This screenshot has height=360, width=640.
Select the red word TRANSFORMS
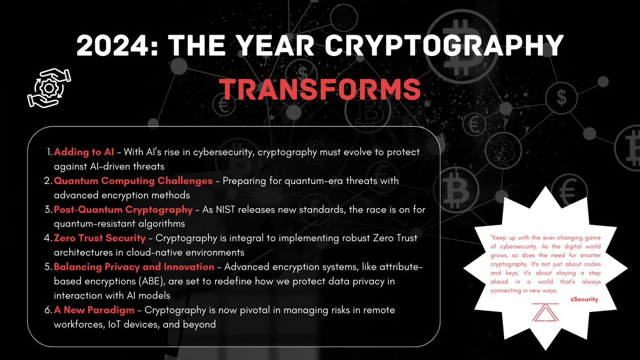[x=320, y=89]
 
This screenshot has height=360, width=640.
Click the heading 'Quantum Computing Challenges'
[x=133, y=181]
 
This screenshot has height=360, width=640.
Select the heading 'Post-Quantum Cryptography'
[x=123, y=210]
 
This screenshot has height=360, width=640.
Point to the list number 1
[x=48, y=152]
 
